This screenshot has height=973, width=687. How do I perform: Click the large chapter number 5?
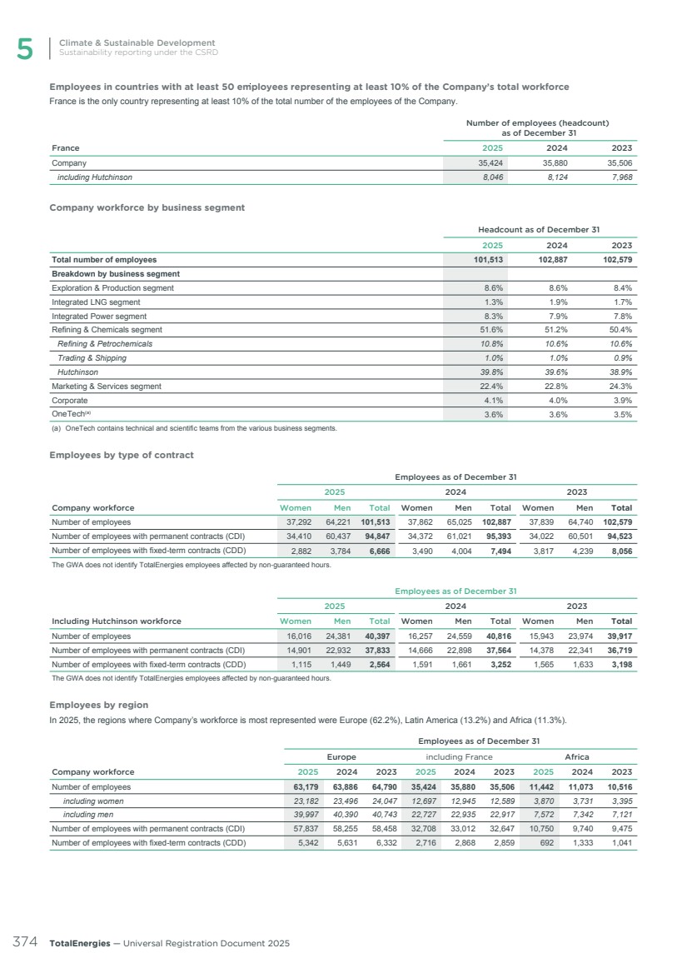25,50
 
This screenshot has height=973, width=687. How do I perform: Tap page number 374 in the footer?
24,943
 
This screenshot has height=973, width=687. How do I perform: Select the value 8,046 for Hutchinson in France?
489,177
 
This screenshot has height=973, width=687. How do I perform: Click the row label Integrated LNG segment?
96,302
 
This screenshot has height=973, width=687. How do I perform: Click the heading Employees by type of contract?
122,455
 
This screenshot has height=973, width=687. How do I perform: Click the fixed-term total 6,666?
378,551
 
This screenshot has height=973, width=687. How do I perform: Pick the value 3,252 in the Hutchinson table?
499,664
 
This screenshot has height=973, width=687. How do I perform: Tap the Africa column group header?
577,757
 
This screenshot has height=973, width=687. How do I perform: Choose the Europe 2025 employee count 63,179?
311,786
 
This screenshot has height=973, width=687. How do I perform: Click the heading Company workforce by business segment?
147,207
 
